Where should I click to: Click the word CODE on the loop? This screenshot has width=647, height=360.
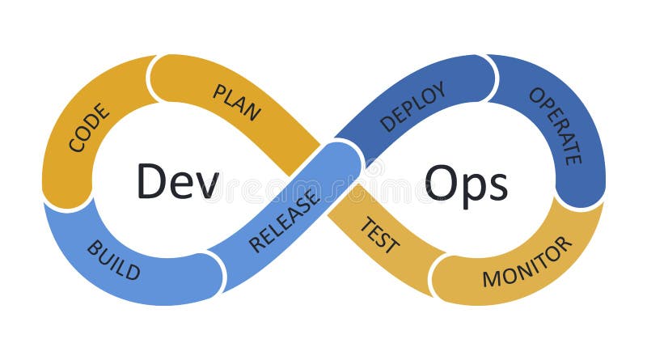pyautogui.click(x=88, y=129)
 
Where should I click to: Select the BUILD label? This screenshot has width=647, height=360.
pyautogui.click(x=113, y=260)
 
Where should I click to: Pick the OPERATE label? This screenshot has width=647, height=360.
pyautogui.click(x=555, y=125)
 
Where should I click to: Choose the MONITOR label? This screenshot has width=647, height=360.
pyautogui.click(x=527, y=262)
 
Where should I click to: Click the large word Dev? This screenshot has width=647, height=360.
pyautogui.click(x=177, y=181)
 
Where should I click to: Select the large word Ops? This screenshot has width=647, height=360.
pyautogui.click(x=467, y=183)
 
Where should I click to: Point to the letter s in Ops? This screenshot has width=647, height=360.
pyautogui.click(x=497, y=187)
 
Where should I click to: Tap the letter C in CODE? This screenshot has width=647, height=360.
pyautogui.click(x=75, y=145)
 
